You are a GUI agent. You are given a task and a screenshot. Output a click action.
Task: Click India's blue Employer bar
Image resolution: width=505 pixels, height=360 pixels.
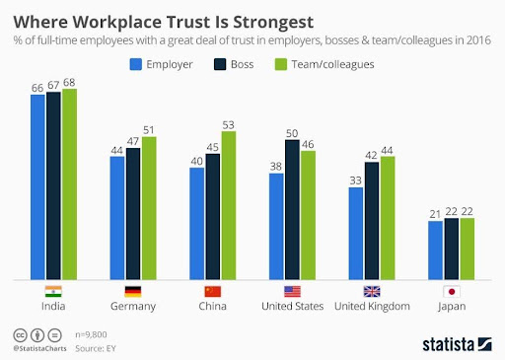pos(37,187)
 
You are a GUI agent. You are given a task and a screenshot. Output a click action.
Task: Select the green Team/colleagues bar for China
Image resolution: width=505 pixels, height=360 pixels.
pos(229,205)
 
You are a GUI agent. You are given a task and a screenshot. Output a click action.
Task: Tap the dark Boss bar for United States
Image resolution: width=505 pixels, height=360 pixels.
pos(292,210)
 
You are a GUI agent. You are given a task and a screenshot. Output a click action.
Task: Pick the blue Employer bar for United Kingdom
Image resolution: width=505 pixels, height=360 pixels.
pos(356,234)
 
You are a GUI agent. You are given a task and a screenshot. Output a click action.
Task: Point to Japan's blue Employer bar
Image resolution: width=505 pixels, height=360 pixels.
pos(435,251)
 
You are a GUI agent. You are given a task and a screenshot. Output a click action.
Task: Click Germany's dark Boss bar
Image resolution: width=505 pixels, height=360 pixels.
pos(133,214)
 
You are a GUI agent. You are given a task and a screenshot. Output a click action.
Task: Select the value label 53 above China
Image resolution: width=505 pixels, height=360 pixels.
pos(228,125)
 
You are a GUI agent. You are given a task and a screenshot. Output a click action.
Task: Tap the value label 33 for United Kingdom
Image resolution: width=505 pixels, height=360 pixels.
pos(355,180)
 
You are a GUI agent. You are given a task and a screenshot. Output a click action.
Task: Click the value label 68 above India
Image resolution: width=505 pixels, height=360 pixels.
pos(69,82)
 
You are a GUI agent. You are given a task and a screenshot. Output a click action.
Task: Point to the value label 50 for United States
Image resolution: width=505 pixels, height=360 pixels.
pos(292,133)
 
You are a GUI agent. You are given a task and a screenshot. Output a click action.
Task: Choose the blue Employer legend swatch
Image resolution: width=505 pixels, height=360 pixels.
pos(136,64)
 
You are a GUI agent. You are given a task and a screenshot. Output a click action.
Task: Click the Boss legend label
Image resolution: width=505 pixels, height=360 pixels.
pos(242,64)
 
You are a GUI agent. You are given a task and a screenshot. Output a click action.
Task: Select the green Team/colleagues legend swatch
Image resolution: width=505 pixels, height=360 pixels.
pos(281,64)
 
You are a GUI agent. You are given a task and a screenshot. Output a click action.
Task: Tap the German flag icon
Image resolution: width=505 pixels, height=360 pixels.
pos(133,292)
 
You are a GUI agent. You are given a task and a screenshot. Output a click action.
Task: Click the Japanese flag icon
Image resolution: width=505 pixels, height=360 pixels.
pos(452,292)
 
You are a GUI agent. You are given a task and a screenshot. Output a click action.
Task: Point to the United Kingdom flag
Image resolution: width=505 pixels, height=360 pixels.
pos(372,292)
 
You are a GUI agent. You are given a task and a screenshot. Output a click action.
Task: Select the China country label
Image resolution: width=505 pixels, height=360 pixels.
pos(212,306)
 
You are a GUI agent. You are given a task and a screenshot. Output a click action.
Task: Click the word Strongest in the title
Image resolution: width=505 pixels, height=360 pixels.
pos(273,23)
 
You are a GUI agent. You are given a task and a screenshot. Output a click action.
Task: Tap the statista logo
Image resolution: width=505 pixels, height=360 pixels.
pos(457,344)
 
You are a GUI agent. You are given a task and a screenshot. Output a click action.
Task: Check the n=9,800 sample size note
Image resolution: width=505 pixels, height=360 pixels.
pos(91,334)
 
